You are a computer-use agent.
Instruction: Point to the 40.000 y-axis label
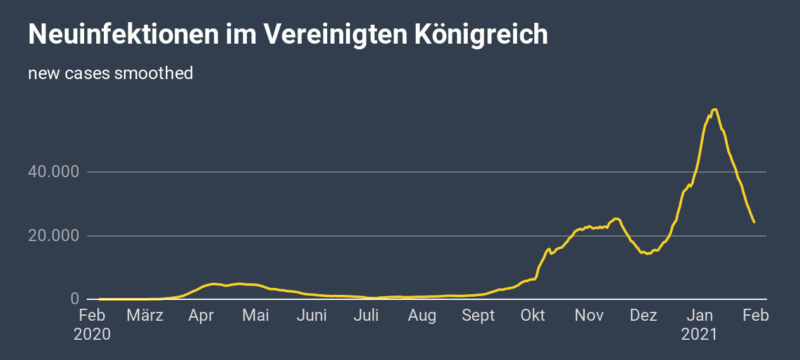(54, 172)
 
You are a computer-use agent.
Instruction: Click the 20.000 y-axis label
(54, 236)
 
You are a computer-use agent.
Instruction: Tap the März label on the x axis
(145, 315)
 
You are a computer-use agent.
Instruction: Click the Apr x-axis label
(201, 315)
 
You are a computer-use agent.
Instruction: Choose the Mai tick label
(256, 315)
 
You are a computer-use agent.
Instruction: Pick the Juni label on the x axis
(312, 315)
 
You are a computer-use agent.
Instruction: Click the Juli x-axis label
(366, 315)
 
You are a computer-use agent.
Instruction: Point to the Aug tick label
(422, 315)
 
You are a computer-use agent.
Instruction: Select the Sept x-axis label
(478, 315)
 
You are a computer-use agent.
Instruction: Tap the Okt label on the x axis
(533, 315)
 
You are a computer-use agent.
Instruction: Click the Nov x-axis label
(589, 315)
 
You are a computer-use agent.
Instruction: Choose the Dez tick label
(644, 315)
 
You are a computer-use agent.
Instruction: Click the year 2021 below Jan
(699, 334)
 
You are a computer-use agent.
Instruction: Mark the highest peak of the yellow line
(715, 109)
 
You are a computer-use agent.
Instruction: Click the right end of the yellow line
(754, 222)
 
